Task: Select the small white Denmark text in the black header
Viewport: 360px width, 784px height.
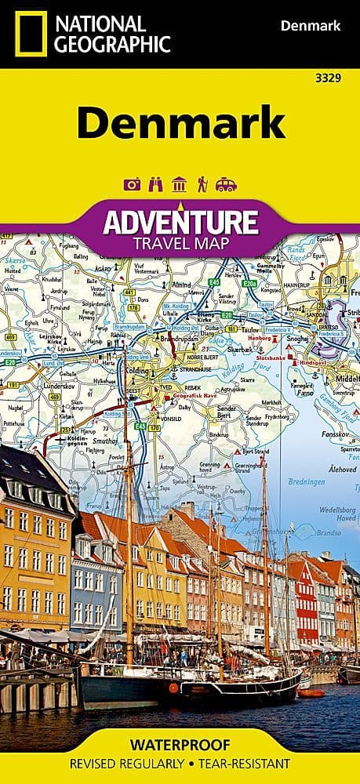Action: point(310,27)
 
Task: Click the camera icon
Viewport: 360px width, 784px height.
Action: point(132,185)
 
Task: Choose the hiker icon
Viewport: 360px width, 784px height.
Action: point(202,185)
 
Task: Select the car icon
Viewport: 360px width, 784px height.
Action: point(226,185)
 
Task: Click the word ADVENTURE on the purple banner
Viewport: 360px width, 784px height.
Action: point(180,223)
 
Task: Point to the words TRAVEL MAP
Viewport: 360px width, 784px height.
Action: point(180,243)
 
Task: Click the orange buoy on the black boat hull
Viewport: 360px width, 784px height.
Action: point(173,687)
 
